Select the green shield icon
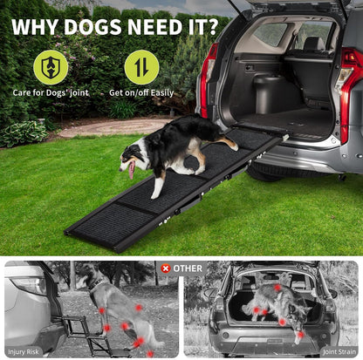(x=50, y=67)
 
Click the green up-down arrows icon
(x=141, y=67)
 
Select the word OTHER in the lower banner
(x=187, y=268)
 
